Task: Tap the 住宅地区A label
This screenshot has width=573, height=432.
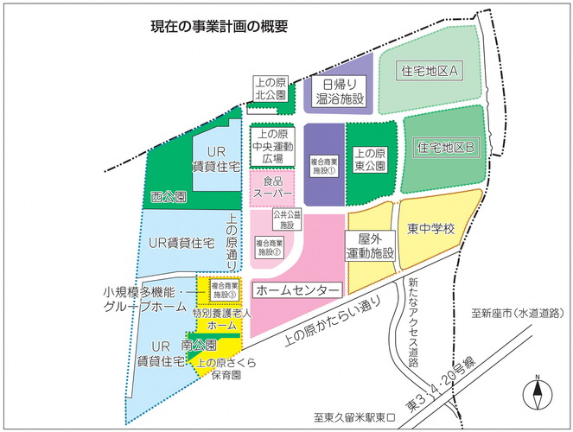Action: tap(430, 69)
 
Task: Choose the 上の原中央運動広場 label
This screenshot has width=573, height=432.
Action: tap(272, 147)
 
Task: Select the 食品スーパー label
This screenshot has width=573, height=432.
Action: tap(272, 187)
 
